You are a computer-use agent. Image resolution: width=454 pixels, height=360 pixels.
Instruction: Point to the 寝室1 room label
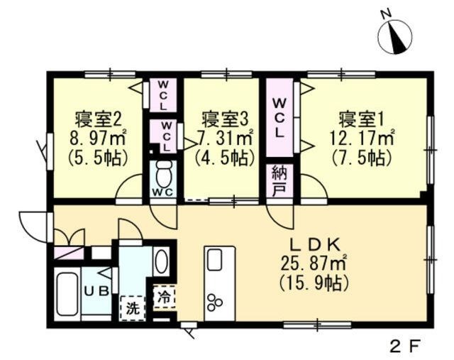[361, 117]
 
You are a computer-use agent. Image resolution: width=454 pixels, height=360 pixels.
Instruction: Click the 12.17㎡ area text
[361, 136]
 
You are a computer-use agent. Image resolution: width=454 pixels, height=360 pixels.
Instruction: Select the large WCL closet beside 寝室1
[279, 117]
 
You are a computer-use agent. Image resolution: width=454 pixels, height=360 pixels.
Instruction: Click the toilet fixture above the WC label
[164, 173]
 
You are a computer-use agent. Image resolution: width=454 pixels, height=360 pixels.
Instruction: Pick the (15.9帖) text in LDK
[315, 284]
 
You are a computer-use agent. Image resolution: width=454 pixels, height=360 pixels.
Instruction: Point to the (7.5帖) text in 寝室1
[361, 156]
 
